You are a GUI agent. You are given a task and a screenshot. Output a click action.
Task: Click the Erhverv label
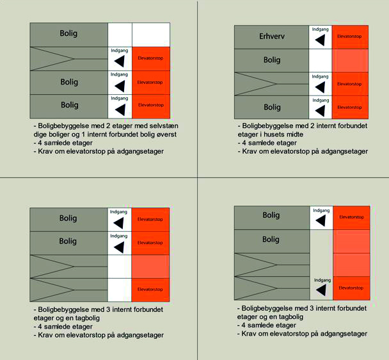(x=272, y=37)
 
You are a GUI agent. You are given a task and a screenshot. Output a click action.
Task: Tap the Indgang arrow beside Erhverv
(x=321, y=40)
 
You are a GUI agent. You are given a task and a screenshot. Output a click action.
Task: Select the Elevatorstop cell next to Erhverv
(x=351, y=37)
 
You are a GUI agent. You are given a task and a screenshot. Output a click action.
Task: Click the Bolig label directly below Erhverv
(x=272, y=60)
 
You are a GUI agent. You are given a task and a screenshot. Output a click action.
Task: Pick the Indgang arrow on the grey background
(x=321, y=290)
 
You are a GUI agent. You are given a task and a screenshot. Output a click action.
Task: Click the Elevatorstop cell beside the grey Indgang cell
(x=351, y=288)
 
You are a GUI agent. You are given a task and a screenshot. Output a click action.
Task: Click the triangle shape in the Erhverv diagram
(x=256, y=84)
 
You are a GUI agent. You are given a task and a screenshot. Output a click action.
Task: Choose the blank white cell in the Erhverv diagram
(x=321, y=60)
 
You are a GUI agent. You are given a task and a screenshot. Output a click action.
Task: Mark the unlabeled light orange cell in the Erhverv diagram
(x=351, y=60)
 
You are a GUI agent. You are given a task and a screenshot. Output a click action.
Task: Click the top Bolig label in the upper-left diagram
(x=69, y=34)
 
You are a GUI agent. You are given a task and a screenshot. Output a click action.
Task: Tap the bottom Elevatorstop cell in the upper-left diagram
(x=151, y=105)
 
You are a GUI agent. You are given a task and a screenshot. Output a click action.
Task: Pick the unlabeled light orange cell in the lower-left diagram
(x=151, y=266)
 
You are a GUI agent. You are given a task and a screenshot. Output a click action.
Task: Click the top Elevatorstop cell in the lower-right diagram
(x=351, y=218)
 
